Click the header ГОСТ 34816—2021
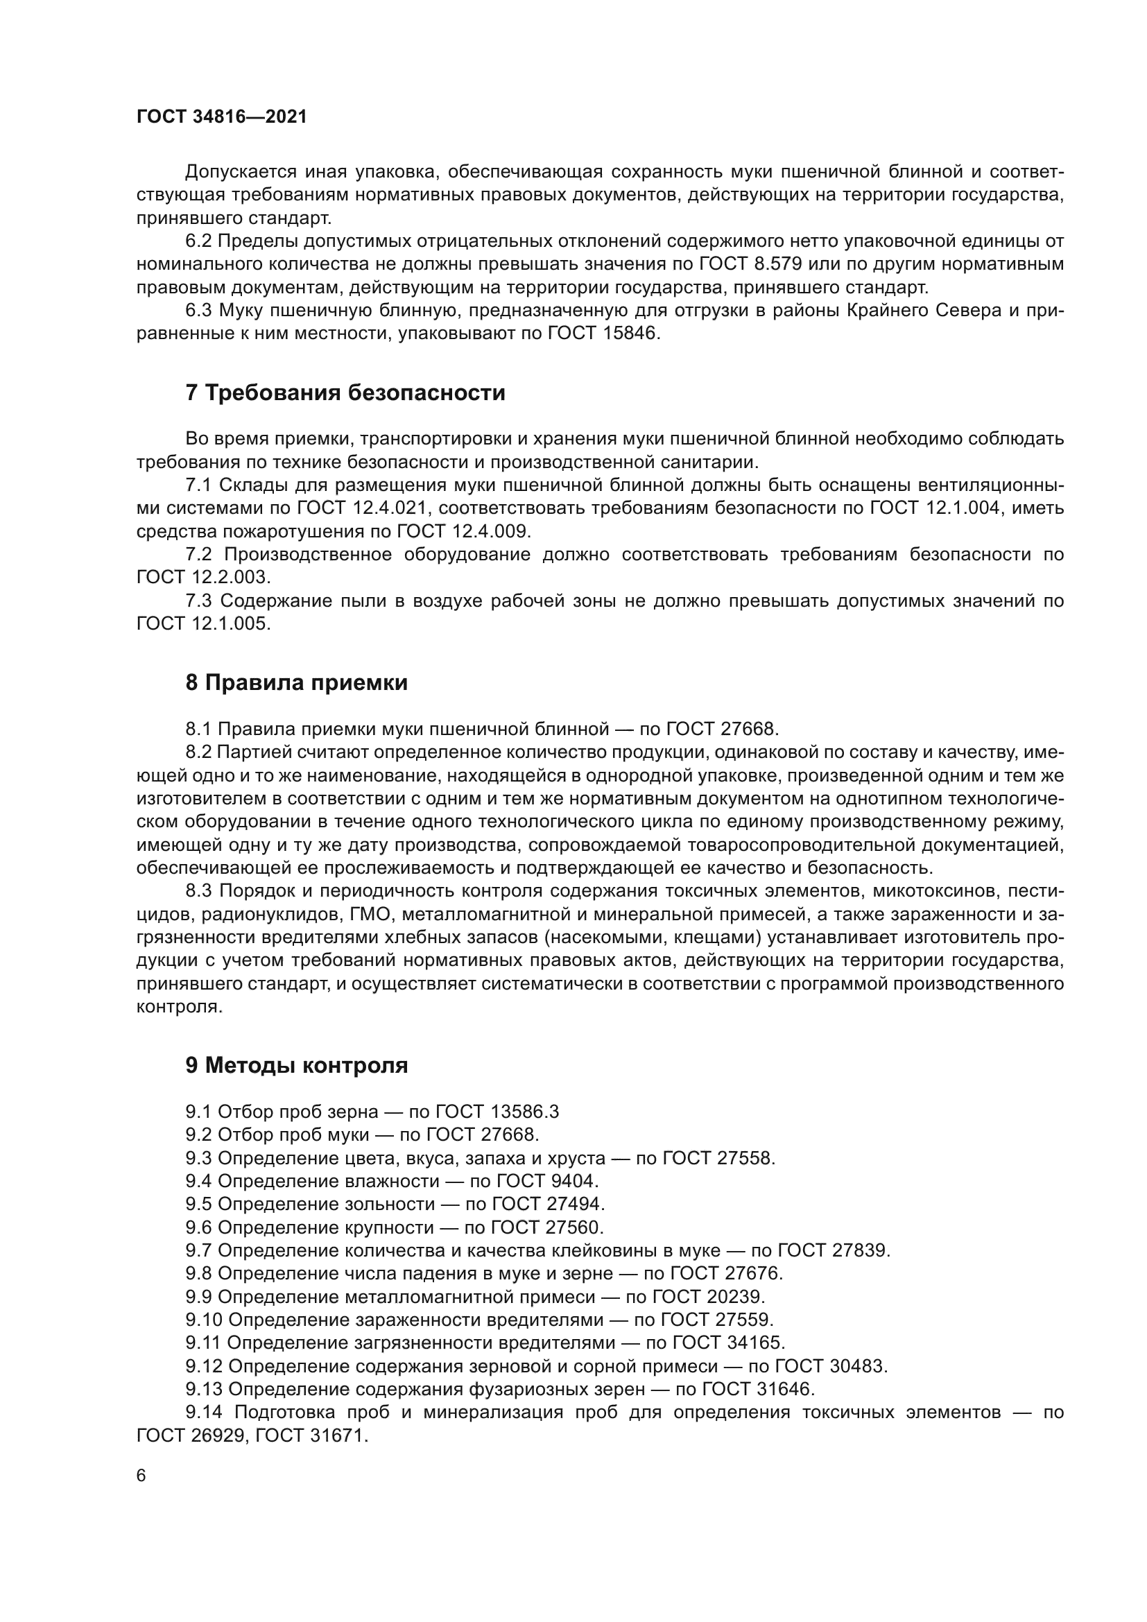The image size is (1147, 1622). (222, 117)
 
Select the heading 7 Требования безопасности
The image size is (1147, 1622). (345, 392)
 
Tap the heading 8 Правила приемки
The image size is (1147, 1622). (297, 682)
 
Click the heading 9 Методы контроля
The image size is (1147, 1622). (297, 1065)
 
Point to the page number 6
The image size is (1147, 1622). (141, 1476)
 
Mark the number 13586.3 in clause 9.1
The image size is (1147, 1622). (524, 1112)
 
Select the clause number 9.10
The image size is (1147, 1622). (204, 1320)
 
